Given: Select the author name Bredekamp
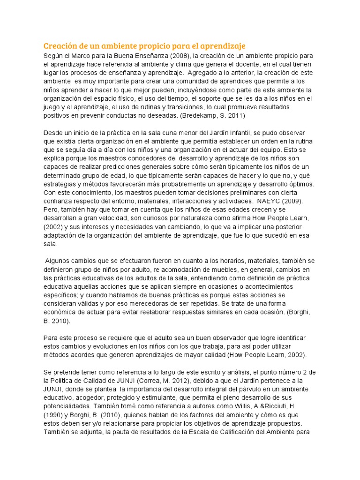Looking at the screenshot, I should point(204,114).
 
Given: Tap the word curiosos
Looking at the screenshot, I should point(155,218).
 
